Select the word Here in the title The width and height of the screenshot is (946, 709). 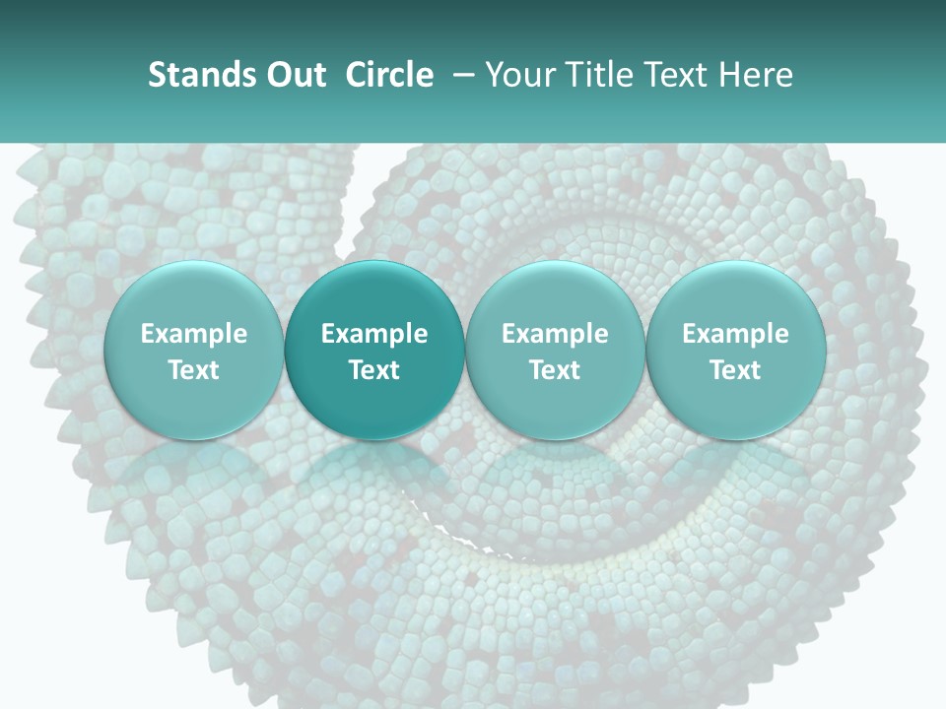pyautogui.click(x=756, y=75)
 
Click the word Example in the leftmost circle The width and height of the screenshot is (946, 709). pyautogui.click(x=193, y=334)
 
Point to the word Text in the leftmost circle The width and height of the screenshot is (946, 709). pyautogui.click(x=193, y=370)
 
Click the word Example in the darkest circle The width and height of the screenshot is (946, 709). pyautogui.click(x=374, y=334)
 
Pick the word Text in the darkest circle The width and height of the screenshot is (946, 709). pyautogui.click(x=374, y=370)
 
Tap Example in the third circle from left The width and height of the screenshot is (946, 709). pyautogui.click(x=555, y=334)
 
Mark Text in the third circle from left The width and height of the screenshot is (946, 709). pyautogui.click(x=555, y=370)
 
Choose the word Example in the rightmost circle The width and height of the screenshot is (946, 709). pyautogui.click(x=736, y=334)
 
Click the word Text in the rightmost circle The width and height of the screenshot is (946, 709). pyautogui.click(x=736, y=370)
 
